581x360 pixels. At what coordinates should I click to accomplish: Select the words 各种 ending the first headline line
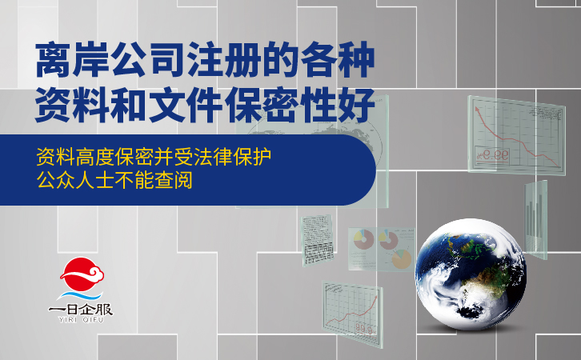[337, 60]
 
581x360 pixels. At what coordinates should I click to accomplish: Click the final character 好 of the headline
[356, 105]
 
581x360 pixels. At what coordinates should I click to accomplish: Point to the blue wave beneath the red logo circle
[79, 295]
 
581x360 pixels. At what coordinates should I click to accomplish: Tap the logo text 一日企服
[80, 310]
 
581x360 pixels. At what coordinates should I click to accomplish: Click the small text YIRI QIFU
[81, 320]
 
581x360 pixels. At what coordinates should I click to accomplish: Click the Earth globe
[471, 274]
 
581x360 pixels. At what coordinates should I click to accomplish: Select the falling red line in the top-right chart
[517, 140]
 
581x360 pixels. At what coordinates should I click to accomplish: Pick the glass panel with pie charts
[381, 249]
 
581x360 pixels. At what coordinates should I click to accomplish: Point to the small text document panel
[317, 240]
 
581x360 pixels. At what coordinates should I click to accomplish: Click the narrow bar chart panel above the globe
[536, 220]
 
